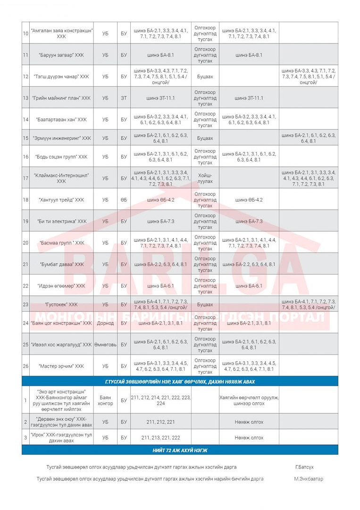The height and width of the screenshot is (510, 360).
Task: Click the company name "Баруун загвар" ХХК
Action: tap(61, 55)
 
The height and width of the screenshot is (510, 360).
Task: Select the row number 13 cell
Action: tap(25, 98)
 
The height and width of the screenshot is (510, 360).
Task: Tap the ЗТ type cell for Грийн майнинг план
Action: tap(124, 98)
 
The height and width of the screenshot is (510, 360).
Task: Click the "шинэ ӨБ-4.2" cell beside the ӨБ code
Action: tap(160, 200)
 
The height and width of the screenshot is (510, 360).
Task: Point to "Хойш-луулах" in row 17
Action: tap(205, 178)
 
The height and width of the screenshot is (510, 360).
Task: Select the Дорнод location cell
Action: tap(105, 323)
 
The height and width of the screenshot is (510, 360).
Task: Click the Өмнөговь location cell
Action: tap(105, 344)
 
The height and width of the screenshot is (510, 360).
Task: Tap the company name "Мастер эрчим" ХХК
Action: tap(61, 366)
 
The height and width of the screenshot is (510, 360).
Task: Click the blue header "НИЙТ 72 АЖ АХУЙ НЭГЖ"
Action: tap(180, 450)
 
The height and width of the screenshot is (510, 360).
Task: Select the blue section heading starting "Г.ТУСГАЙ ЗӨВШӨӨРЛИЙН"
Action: tap(180, 382)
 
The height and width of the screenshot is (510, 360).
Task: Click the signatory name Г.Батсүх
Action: tap(304, 467)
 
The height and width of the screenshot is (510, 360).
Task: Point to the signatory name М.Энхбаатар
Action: tap(309, 479)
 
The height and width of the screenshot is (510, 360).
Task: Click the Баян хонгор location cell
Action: tap(105, 400)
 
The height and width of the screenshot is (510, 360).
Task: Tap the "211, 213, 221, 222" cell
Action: tap(160, 438)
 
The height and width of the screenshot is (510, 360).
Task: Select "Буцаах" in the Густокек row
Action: tap(205, 305)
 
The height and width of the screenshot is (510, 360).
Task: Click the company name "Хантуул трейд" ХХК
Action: tap(61, 200)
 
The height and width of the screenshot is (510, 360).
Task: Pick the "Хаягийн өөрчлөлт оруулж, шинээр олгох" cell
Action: tap(249, 400)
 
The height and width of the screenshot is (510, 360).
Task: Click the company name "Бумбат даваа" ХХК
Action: tap(61, 264)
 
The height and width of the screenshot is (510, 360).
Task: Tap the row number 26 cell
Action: tap(25, 366)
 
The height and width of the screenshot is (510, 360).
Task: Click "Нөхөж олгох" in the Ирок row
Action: tap(249, 438)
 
